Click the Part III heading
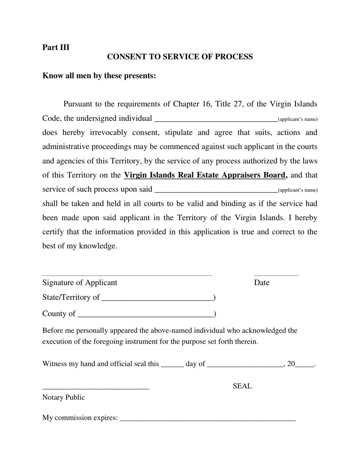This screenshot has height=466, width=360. (56, 47)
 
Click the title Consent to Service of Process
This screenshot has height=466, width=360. (180, 57)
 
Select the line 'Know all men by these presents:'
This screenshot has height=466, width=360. (99, 76)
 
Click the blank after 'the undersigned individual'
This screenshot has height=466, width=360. (216, 119)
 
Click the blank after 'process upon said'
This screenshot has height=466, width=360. (216, 190)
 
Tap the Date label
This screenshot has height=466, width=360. (262, 283)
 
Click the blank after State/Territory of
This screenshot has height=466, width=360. (157, 298)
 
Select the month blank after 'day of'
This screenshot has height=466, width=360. (245, 364)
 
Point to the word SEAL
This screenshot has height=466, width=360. (242, 386)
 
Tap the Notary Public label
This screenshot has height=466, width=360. (64, 397)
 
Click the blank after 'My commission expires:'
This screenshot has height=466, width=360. (207, 419)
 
